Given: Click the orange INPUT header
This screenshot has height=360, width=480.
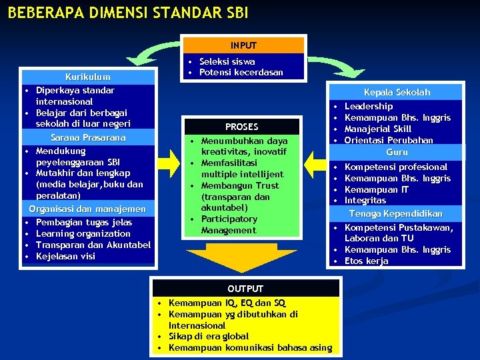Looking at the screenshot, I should [x=243, y=45].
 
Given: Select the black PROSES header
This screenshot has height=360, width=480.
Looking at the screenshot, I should [x=241, y=127].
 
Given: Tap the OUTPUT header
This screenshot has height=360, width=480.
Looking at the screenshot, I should [x=245, y=289].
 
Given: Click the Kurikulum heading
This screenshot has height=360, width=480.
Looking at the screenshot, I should [x=88, y=77].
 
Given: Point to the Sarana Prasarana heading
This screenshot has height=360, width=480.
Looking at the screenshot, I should [x=88, y=138].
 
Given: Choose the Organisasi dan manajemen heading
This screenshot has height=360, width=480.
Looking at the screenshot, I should [x=87, y=209].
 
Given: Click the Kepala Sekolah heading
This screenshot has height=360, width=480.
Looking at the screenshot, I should [x=397, y=93].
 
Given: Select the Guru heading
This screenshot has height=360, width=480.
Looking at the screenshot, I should [x=397, y=152].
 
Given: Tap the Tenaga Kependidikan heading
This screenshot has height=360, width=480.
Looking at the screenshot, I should [x=397, y=213].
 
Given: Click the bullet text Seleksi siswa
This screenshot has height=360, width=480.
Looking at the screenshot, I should [x=227, y=61].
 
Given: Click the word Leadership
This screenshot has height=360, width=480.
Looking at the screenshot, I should [x=369, y=106].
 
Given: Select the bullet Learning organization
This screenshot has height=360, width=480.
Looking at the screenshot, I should [x=83, y=233].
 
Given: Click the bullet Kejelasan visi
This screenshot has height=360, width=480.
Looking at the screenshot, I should [x=65, y=256].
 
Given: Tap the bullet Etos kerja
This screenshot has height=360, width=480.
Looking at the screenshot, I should [x=366, y=261].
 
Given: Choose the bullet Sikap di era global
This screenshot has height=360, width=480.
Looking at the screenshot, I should [x=209, y=337].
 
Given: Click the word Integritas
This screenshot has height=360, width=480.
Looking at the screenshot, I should [x=365, y=200].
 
